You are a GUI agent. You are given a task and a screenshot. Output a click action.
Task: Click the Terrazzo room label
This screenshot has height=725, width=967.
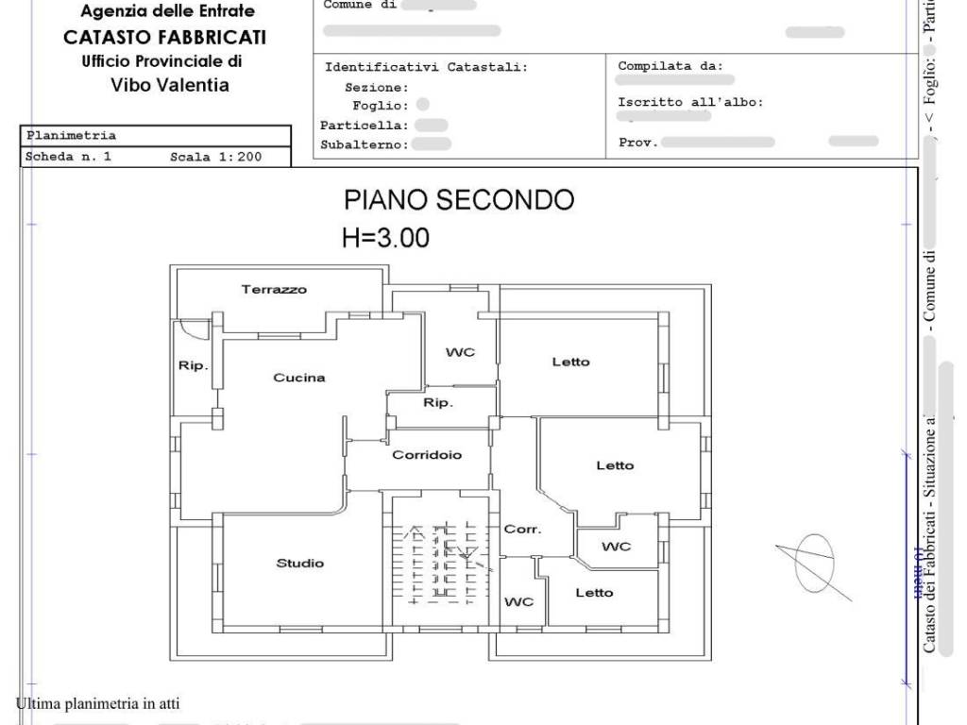click(274, 290)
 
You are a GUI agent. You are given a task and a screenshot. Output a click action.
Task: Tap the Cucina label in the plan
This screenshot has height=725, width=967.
click(299, 378)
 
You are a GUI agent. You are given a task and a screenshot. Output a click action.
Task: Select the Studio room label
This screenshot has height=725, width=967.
click(299, 564)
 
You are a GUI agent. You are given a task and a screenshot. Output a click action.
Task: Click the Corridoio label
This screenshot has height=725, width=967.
click(427, 455)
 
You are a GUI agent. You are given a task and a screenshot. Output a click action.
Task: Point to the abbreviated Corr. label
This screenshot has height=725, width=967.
click(522, 530)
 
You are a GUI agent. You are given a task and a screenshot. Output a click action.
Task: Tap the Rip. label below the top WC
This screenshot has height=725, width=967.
click(437, 403)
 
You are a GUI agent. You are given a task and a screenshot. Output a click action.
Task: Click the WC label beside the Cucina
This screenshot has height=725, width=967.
click(460, 352)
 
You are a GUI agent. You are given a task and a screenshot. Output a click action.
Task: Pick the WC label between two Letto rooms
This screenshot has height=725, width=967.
click(616, 547)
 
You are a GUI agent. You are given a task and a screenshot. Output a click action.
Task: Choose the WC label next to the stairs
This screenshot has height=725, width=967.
click(518, 601)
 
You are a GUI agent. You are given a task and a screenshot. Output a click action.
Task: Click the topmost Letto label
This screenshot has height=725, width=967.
click(570, 362)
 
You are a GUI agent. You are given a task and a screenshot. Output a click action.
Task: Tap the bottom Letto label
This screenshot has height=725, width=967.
click(594, 593)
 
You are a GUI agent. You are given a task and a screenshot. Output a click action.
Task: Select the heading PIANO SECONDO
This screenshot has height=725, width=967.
click(458, 200)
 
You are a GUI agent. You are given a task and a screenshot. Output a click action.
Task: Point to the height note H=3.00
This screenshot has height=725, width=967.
click(385, 238)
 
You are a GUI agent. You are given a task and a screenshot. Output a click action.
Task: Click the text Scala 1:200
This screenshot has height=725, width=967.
click(215, 158)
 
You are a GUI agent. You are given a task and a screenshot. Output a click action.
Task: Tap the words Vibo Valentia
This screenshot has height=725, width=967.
click(169, 85)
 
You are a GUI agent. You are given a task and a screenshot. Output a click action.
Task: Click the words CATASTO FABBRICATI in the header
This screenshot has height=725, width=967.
click(164, 38)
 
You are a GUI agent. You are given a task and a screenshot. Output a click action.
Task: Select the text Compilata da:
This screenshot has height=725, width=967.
click(670, 66)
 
